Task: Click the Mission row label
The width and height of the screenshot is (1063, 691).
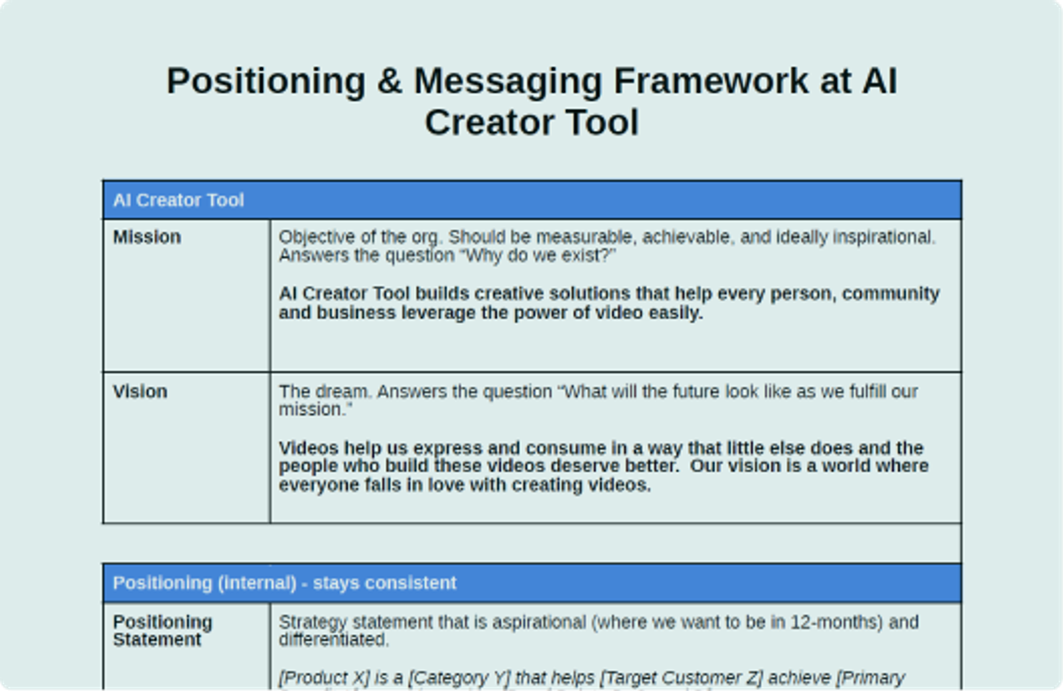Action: point(147,237)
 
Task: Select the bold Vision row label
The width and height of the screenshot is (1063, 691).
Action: point(140,392)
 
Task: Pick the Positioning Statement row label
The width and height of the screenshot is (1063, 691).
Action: point(162,631)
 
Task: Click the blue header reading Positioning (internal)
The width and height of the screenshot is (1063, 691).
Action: point(284,583)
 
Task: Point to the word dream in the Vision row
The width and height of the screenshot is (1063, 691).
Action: point(338,392)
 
